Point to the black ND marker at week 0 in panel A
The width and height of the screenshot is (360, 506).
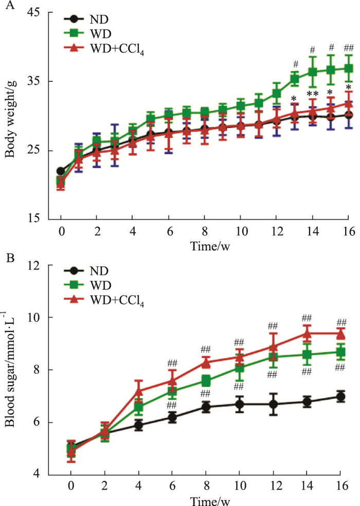click(61, 171)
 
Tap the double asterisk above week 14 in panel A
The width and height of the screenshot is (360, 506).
click(312, 94)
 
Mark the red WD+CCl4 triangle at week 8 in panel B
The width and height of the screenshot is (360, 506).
click(206, 362)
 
